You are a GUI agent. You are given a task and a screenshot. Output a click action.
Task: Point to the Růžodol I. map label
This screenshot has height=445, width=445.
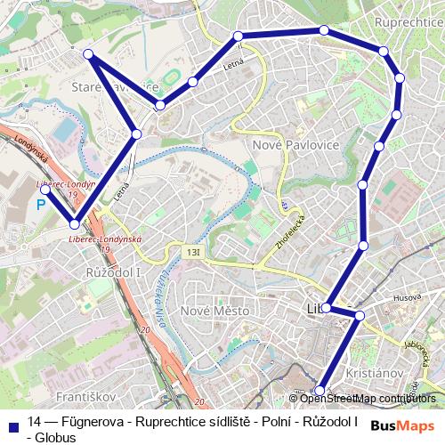coord(113,271)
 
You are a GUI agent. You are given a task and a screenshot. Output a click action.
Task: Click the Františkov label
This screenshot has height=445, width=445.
coord(83,394)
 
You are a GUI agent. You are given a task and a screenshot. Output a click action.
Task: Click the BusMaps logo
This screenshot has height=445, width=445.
coord(403,425)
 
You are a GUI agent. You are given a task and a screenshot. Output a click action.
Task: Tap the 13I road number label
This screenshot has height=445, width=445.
coord(194,253)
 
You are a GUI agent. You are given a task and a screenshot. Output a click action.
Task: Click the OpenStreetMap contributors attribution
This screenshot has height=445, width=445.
coord(368,399)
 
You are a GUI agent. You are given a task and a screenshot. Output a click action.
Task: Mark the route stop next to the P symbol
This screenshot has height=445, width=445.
coord(45,190)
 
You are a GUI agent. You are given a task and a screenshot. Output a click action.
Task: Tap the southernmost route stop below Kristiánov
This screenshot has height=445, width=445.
coord(320,389)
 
